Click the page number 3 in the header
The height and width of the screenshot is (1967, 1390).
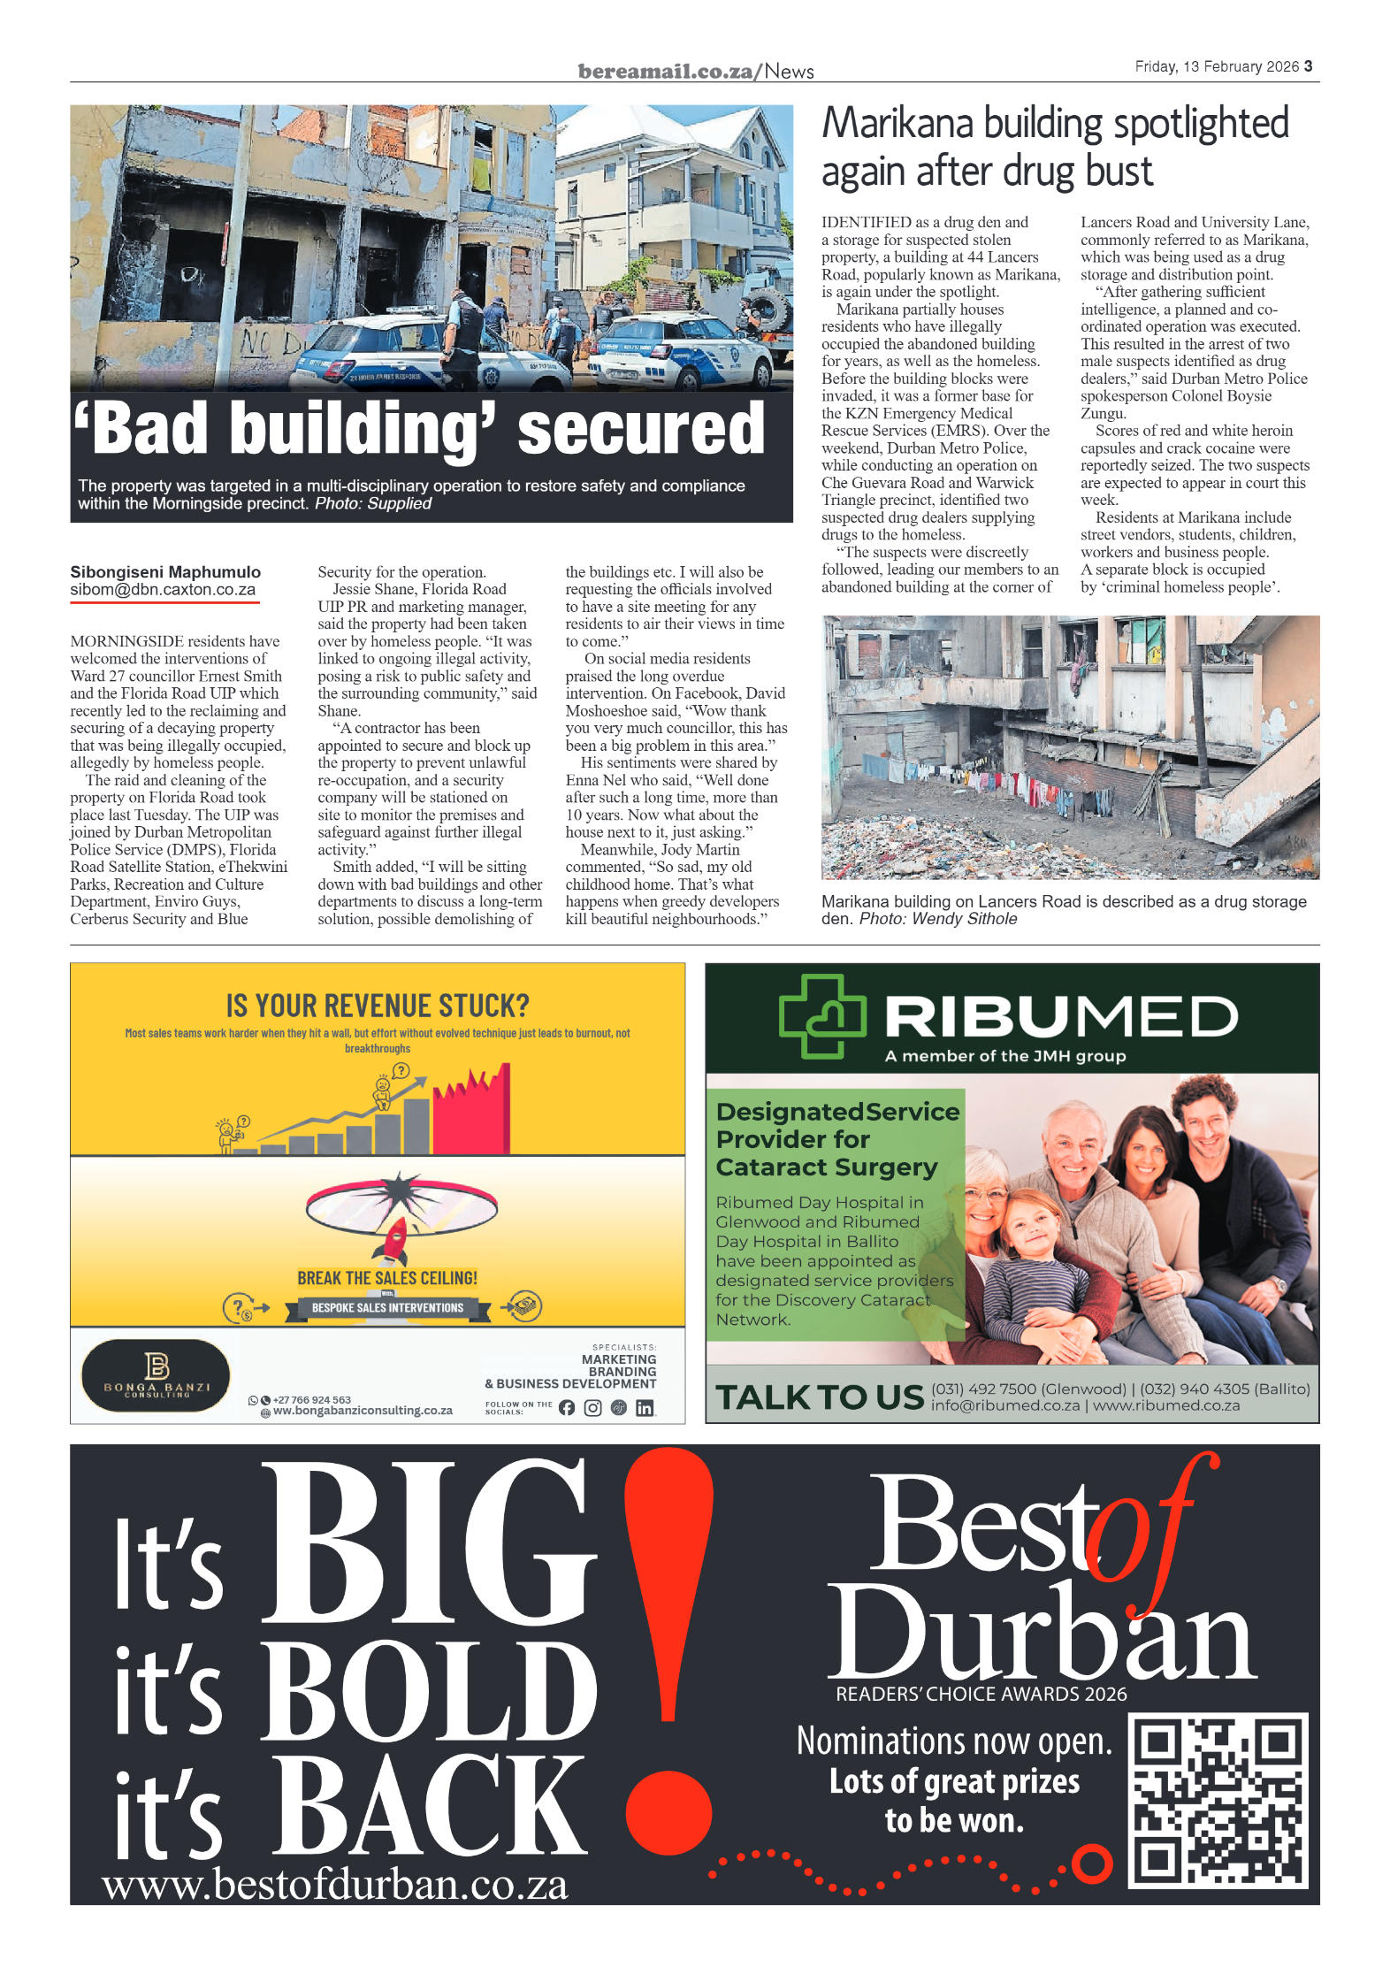[x=1308, y=66]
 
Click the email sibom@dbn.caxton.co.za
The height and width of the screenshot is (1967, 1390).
[x=163, y=590]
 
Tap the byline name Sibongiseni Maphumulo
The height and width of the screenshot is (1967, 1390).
[x=165, y=572]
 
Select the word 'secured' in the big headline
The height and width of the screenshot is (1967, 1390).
[x=640, y=429]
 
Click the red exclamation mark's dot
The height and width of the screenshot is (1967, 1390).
[x=668, y=1812]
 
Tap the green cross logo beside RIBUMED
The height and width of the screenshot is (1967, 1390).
[x=821, y=1016]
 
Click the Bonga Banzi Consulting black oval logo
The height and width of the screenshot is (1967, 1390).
[x=156, y=1375]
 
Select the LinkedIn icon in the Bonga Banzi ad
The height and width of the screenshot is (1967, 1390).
[x=645, y=1408]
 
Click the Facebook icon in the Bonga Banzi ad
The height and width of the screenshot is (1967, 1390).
[x=566, y=1408]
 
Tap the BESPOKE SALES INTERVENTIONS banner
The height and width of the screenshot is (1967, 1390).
[x=387, y=1308]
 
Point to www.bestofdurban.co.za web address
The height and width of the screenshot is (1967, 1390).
[x=334, y=1884]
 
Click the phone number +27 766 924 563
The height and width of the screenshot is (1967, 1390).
[x=311, y=1400]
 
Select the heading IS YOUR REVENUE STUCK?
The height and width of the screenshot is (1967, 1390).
[x=378, y=1006]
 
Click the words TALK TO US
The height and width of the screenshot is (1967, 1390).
[x=819, y=1397]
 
